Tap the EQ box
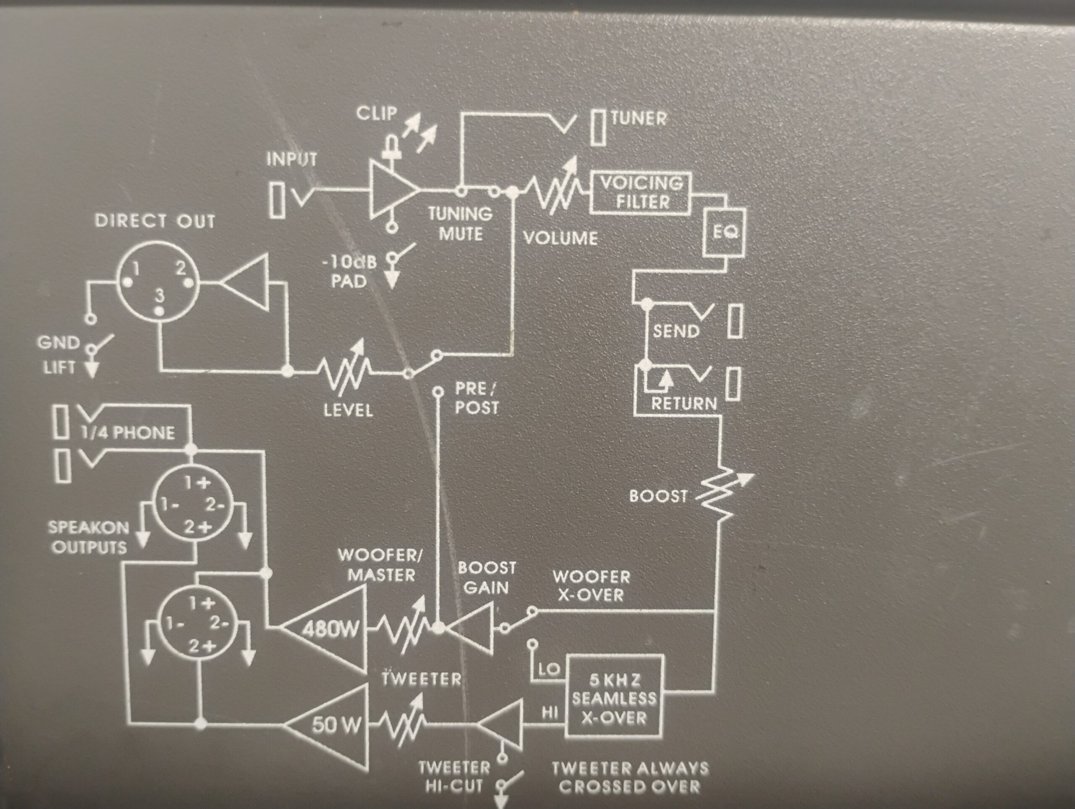click(x=724, y=233)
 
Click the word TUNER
click(x=639, y=118)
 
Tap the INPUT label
click(x=291, y=159)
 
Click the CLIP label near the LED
click(x=377, y=113)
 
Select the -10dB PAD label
click(x=349, y=271)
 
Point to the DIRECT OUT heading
click(x=155, y=222)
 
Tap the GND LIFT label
click(x=58, y=355)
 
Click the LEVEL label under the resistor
click(x=348, y=411)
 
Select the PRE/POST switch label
click(x=477, y=398)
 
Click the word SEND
click(x=676, y=331)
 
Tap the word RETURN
click(x=684, y=404)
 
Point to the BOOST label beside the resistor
click(x=658, y=496)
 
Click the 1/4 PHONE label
click(x=128, y=433)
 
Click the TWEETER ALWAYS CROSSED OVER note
click(x=630, y=778)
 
